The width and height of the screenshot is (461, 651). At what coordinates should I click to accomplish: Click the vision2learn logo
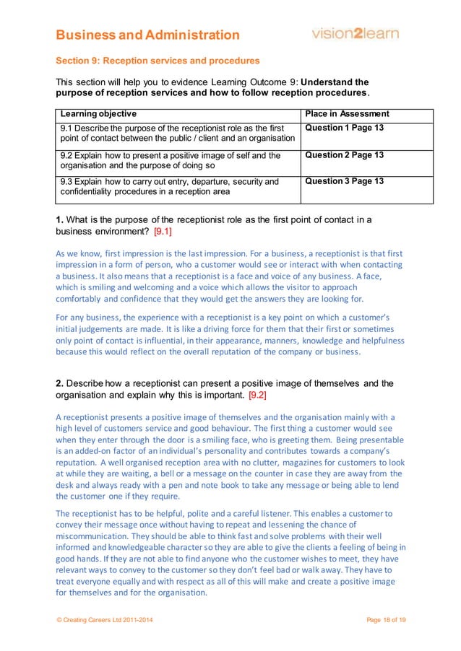click(x=355, y=33)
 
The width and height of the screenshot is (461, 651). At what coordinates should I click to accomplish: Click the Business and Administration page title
click(x=148, y=35)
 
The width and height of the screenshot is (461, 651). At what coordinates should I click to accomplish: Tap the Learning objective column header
click(x=98, y=114)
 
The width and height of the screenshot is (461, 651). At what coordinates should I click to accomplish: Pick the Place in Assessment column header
click(x=348, y=114)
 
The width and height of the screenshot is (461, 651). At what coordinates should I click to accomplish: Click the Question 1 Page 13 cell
click(x=345, y=128)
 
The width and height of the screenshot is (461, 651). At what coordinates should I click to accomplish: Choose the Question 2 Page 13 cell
click(x=345, y=155)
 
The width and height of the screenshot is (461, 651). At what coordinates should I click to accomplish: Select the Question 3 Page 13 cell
click(x=345, y=181)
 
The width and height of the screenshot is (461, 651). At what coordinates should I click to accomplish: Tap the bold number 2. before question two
click(x=61, y=383)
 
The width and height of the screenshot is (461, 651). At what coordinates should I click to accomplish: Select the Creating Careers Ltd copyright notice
click(x=105, y=621)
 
